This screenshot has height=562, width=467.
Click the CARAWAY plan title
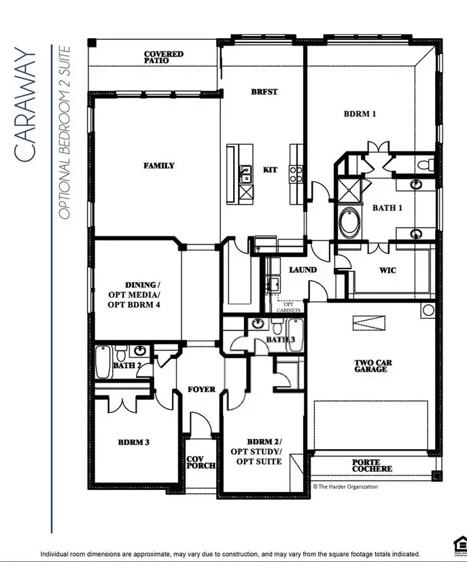coord(25,105)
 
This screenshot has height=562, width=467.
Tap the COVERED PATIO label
coord(163,57)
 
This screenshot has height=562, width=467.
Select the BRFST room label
coord(264,92)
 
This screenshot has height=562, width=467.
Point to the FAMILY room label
coord(158,165)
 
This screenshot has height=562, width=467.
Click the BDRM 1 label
coord(360,114)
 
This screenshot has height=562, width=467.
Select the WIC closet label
coord(387,270)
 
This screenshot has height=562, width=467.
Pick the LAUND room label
coord(302,270)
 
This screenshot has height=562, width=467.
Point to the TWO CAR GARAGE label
coord(370,366)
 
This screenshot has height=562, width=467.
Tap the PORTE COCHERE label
coord(372,466)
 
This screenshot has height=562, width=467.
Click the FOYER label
coord(201,389)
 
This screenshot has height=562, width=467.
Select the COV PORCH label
coord(201,462)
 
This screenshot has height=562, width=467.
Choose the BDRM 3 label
coord(133,442)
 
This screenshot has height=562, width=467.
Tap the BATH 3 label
coord(280,339)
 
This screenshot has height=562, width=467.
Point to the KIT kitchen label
coord(270,169)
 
